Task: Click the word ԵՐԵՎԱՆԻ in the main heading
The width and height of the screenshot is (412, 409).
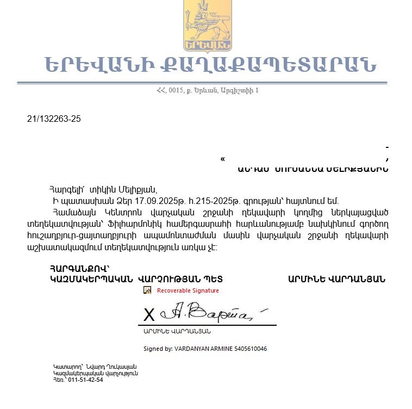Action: tap(96, 65)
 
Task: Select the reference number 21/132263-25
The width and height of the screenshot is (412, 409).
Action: tap(54, 119)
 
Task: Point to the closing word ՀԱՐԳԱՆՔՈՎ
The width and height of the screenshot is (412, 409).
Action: tap(79, 268)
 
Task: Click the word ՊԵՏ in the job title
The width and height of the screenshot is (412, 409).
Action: tap(214, 279)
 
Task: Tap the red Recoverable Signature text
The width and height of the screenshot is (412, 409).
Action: tap(188, 290)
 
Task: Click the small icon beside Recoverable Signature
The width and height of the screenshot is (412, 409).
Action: tap(147, 290)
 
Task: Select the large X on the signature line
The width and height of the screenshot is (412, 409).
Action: tap(148, 315)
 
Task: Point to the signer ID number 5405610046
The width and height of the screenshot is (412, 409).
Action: tap(249, 349)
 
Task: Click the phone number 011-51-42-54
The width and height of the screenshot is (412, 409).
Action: tap(85, 380)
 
